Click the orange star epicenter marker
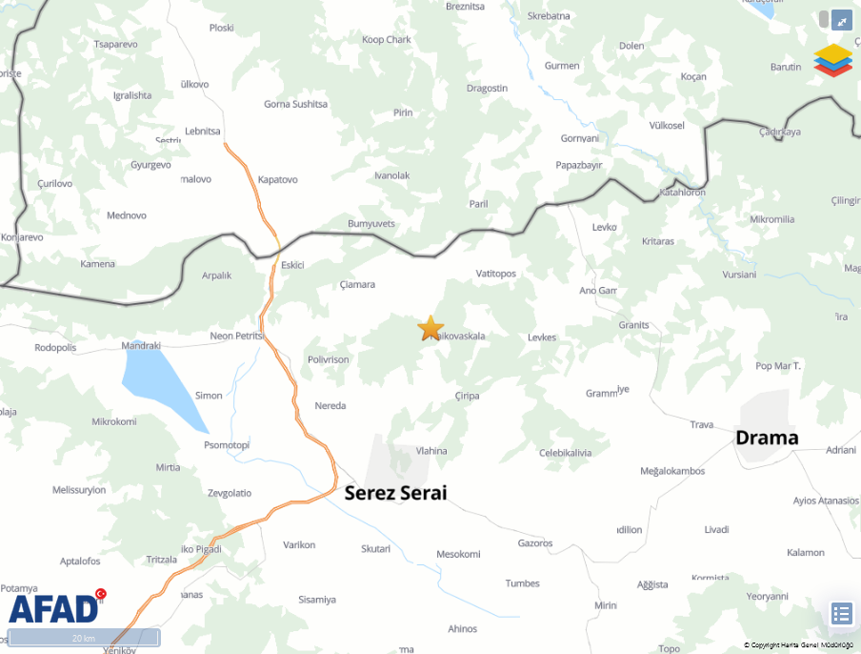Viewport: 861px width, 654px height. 430,328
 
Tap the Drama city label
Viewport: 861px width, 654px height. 767,438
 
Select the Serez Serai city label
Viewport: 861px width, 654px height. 395,493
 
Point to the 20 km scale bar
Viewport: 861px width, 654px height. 83,638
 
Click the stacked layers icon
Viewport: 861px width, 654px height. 833,60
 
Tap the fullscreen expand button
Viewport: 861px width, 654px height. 842,20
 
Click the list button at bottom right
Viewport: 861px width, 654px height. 841,613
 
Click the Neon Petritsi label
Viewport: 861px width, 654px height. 235,337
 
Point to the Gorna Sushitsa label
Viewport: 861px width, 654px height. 295,104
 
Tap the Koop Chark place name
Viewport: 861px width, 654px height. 387,40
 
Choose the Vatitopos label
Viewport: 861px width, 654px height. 495,274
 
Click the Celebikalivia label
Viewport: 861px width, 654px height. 565,453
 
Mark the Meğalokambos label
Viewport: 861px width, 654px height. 672,471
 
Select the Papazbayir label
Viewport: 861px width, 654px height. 579,165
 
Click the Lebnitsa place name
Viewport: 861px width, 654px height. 203,131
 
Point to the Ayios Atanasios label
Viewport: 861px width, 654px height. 825,500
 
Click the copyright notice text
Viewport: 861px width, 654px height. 799,645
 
